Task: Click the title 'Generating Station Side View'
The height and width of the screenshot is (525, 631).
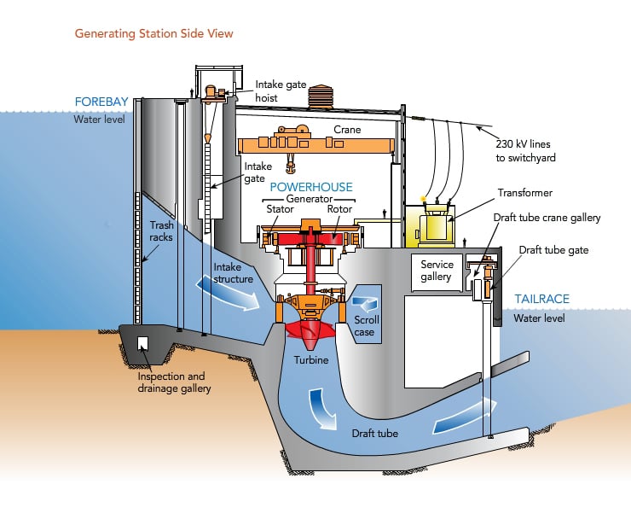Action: click(153, 33)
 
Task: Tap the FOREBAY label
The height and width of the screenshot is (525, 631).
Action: click(101, 102)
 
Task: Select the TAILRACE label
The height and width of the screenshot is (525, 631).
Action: click(541, 299)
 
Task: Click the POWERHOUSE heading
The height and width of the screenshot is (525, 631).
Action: click(311, 187)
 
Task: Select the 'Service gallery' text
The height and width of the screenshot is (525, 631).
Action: click(437, 271)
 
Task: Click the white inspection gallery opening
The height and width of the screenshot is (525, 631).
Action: click(142, 343)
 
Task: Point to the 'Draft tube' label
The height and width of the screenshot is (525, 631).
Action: click(374, 433)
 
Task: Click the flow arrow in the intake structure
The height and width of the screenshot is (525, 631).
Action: click(228, 295)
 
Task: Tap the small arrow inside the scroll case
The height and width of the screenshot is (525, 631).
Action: click(365, 303)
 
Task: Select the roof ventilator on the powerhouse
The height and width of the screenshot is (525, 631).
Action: click(321, 96)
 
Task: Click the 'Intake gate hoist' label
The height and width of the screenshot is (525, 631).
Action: click(281, 91)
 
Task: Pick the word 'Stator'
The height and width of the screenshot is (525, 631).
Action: click(280, 208)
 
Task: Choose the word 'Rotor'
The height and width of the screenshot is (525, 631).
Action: click(339, 208)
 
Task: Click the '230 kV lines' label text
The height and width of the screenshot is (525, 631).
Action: click(523, 143)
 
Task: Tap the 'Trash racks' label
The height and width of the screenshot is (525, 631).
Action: click(161, 230)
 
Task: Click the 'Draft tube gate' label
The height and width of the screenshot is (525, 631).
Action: click(553, 250)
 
